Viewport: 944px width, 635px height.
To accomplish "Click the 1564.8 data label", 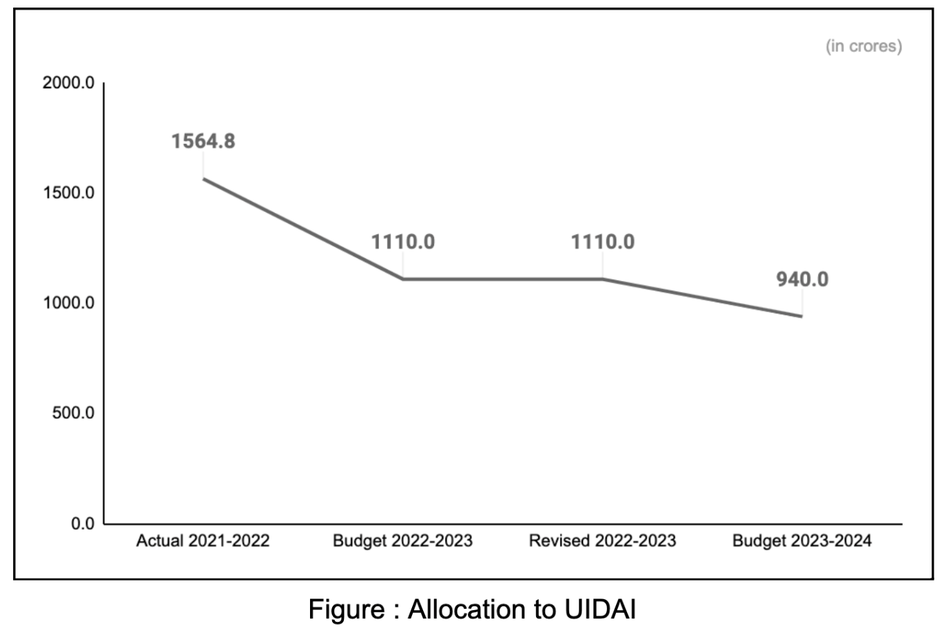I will point(203,141).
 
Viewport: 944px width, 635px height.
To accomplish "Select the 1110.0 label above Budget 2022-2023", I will point(403,242).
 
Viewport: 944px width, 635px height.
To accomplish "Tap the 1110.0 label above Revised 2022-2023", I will point(603,242).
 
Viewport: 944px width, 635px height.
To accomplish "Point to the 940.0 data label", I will point(802,279).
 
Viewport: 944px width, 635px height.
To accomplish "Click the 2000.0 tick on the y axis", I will point(68,83).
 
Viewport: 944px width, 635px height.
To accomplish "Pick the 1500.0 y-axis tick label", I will point(68,193).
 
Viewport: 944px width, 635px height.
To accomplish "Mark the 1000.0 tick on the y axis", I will point(68,303).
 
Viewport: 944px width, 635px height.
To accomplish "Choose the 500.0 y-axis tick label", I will point(73,413).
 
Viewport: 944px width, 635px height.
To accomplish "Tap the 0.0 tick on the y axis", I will point(83,523).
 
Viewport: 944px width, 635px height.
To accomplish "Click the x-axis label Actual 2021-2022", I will point(203,541).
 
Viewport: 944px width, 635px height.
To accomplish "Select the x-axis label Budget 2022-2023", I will point(402,541).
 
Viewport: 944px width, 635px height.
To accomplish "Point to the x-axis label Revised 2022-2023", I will point(602,541).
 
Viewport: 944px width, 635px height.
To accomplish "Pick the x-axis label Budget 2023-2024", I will point(802,541).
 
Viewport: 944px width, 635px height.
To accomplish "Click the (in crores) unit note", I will point(863,46).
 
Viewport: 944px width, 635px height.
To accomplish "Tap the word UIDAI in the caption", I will point(599,610).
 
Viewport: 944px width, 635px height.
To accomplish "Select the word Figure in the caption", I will point(347,610).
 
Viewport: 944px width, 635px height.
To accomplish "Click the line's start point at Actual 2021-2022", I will point(203,179).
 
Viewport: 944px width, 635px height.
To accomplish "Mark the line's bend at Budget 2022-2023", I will point(403,279).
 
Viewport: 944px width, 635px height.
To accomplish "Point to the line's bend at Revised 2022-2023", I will point(603,279).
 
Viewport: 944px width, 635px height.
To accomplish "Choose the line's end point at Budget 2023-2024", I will point(801,316).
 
